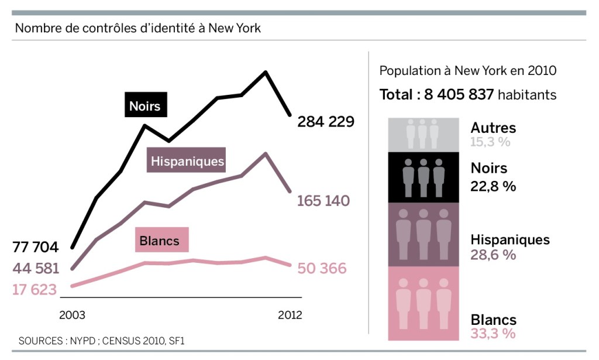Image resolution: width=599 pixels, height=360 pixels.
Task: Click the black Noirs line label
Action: click(144, 106)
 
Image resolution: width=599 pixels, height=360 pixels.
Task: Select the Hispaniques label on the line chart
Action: click(187, 161)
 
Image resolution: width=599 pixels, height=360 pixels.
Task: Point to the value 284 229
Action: click(326, 122)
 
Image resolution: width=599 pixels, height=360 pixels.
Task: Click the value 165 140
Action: click(323, 201)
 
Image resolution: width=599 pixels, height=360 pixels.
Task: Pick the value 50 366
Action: click(322, 269)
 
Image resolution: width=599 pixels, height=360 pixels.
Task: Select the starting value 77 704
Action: click(36, 246)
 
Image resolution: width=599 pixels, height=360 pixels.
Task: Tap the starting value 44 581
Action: click(36, 269)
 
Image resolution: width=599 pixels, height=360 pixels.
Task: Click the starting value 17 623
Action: click(36, 289)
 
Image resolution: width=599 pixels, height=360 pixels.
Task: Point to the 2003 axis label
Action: click(72, 315)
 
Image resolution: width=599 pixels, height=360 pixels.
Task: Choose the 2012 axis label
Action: click(290, 315)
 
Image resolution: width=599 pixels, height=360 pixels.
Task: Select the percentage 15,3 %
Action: click(490, 142)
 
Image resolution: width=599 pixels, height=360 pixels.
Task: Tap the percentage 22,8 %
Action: click(493, 186)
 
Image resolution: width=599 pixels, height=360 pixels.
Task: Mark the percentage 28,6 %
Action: click(493, 255)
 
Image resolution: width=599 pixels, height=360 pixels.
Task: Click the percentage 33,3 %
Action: click(493, 334)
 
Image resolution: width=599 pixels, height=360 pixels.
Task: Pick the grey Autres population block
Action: click(423, 134)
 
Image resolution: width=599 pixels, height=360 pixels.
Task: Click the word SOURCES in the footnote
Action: click(43, 341)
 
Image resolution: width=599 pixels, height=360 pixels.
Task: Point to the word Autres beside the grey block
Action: click(493, 128)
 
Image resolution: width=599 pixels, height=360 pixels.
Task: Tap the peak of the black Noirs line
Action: click(266, 72)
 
